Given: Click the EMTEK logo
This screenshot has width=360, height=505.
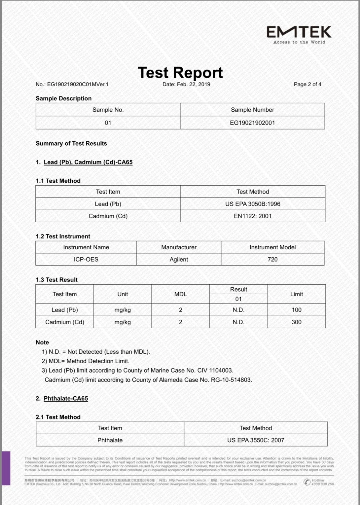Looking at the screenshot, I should [x=299, y=34].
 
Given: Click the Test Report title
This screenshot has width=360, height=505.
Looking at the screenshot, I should [x=180, y=73].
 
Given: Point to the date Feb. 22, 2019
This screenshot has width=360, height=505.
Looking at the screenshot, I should [x=186, y=84].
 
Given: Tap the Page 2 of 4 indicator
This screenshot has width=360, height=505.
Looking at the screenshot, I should [x=307, y=84].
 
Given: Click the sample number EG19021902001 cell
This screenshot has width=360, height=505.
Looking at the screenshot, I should [x=252, y=123].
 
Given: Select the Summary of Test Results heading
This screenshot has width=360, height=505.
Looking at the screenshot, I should [x=71, y=143].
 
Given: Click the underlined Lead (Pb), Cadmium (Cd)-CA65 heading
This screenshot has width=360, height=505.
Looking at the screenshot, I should [x=88, y=162].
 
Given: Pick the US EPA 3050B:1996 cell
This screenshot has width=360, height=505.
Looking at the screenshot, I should [x=253, y=204].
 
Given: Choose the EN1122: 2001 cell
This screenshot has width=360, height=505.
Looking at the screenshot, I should [x=253, y=216].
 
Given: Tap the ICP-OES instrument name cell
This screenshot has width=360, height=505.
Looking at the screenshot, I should [x=86, y=259].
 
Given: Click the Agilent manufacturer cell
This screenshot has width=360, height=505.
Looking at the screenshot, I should [x=179, y=259].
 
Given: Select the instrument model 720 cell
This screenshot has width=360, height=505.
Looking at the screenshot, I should [x=272, y=259].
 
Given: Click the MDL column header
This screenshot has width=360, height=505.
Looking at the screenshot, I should [x=180, y=294].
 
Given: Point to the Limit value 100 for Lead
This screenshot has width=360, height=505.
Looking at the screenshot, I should [x=296, y=310].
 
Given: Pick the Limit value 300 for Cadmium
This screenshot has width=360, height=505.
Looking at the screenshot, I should [x=296, y=322].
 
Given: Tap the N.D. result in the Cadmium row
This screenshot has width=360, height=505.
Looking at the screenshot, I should [x=238, y=322].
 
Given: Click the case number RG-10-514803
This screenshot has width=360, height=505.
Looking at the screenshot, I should [x=231, y=380].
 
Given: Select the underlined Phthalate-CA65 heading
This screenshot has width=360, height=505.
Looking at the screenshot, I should [x=66, y=398].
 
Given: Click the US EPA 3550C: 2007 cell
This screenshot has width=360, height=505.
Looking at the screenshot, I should [x=256, y=440].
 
